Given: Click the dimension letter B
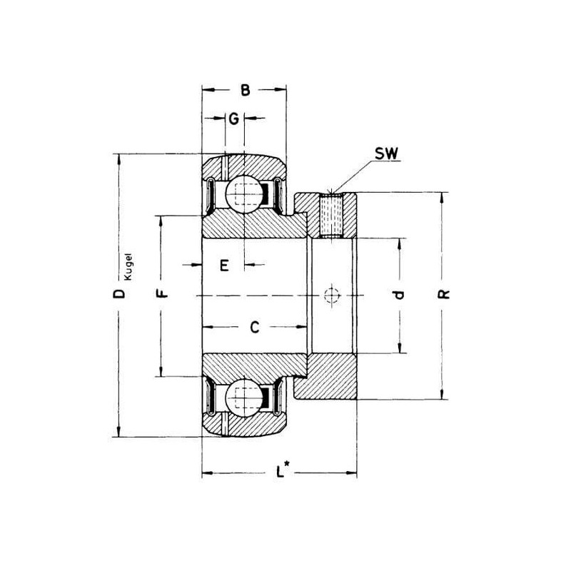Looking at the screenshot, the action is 246,90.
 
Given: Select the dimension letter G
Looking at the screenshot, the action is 234,118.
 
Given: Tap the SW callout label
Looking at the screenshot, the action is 386,153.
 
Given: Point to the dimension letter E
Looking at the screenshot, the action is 224,265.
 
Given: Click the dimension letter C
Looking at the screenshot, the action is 255,327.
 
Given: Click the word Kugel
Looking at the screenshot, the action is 128,266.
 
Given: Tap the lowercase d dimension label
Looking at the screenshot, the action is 400,294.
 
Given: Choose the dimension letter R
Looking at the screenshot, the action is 443,294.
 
